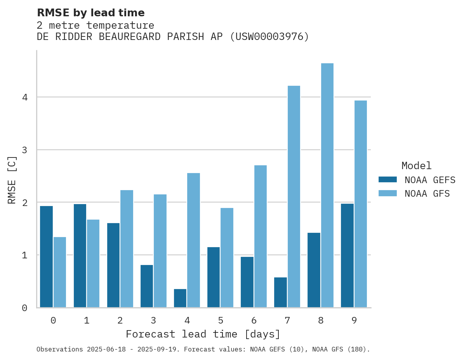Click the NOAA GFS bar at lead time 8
pyautogui.click(x=327, y=185)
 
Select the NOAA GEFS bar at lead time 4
pyautogui.click(x=180, y=298)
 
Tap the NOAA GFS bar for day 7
pyautogui.click(x=294, y=197)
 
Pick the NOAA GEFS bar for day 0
pyautogui.click(x=47, y=257)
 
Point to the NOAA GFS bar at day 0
pyautogui.click(x=60, y=272)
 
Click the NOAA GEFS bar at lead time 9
pyautogui.click(x=347, y=256)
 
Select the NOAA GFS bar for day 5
pyautogui.click(x=227, y=258)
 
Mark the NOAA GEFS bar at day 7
pyautogui.click(x=280, y=292)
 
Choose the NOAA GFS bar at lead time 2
pyautogui.click(x=127, y=249)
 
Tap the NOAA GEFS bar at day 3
pyautogui.click(x=147, y=286)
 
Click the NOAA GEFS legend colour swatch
pyautogui.click(x=388, y=180)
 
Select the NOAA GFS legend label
pyautogui.click(x=427, y=194)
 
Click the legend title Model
pyautogui.click(x=416, y=166)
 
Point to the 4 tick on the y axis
pyautogui.click(x=25, y=97)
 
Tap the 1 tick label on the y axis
pyautogui.click(x=25, y=255)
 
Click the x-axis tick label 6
pyautogui.click(x=254, y=321)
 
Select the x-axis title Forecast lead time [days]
pyautogui.click(x=203, y=334)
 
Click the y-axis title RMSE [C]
pyautogui.click(x=12, y=180)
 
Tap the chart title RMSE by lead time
pyautogui.click(x=91, y=13)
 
